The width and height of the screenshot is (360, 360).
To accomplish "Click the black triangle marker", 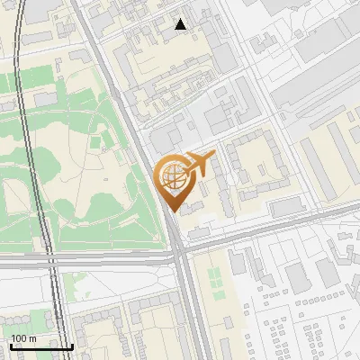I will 181,24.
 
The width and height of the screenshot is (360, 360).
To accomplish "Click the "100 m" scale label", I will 24,338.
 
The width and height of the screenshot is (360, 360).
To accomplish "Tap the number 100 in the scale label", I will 20,338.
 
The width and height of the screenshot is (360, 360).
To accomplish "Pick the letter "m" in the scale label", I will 32,338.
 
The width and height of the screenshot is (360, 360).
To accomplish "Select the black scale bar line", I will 41,346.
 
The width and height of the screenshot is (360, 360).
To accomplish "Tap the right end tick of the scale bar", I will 72,345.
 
